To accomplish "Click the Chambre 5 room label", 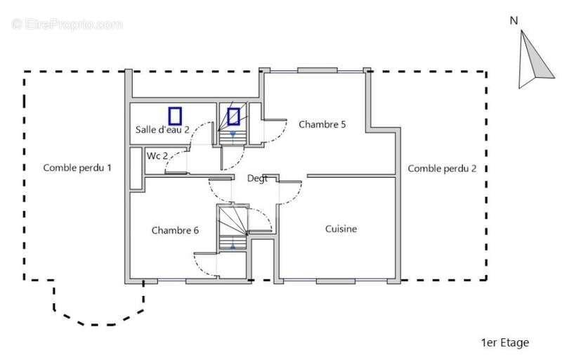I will tap(322, 124).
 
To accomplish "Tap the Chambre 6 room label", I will tap(175, 230).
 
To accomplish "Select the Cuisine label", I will tap(341, 229).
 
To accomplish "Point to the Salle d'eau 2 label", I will tap(162, 130).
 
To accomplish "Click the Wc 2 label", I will tap(157, 155).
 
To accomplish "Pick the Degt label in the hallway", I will tap(256, 179).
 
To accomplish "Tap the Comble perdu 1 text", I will tap(77, 167).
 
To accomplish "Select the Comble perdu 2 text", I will tap(442, 168).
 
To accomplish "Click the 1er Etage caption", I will tap(504, 343).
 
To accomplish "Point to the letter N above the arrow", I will tap(514, 20).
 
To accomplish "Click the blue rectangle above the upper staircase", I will tap(233, 116).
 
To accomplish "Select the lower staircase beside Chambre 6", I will tap(233, 226).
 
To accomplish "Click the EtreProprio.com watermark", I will tap(67, 24).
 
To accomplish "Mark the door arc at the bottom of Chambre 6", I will tap(205, 265).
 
